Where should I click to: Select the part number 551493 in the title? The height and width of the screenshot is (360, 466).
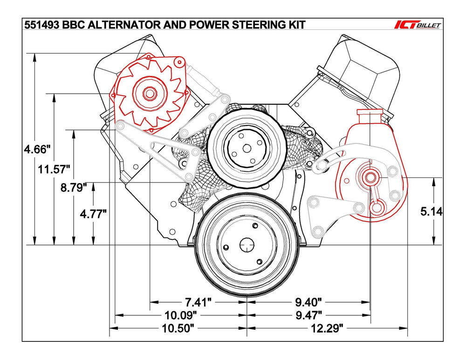[42, 25]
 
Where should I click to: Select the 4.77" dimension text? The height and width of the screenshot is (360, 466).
[93, 214]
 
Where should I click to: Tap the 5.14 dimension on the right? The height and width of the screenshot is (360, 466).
[431, 211]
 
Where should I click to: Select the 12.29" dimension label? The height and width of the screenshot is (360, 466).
[326, 328]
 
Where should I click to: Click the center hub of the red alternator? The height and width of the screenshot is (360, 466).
[150, 93]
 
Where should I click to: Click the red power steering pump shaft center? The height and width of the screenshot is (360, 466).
[370, 177]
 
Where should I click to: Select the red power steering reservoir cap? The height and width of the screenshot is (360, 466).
[370, 113]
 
